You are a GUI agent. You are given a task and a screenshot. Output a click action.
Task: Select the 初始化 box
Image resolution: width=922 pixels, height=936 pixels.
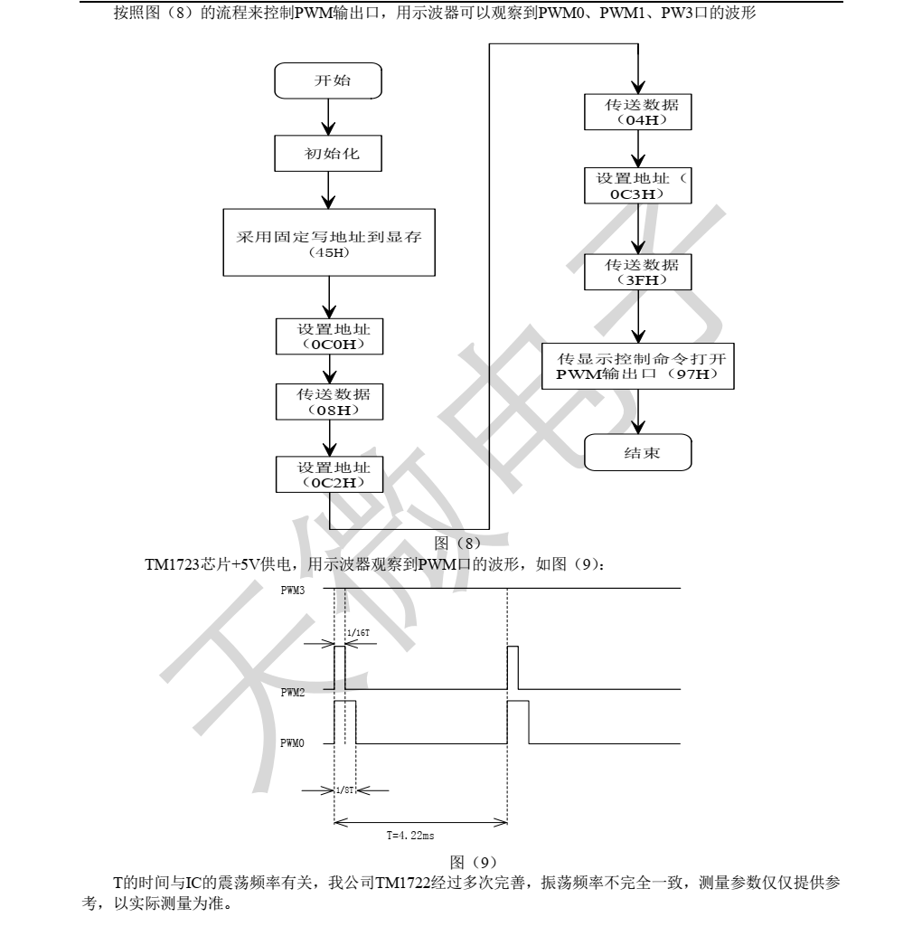(x=330, y=153)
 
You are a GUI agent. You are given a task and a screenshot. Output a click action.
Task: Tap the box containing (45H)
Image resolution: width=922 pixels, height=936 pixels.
(x=330, y=241)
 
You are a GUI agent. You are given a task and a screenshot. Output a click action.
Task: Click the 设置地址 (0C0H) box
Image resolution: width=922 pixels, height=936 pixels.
(x=330, y=336)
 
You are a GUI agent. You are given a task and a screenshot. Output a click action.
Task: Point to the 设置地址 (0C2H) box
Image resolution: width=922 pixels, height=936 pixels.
(x=330, y=475)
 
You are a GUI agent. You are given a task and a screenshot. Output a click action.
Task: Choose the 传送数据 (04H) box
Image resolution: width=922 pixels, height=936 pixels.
(x=640, y=112)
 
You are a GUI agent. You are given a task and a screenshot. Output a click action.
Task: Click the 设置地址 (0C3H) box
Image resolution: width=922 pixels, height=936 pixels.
(x=640, y=185)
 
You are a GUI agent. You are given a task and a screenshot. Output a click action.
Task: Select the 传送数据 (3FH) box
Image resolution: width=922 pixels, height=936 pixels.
(x=640, y=272)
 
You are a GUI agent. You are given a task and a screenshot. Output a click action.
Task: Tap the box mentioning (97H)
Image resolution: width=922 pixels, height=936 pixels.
(x=640, y=365)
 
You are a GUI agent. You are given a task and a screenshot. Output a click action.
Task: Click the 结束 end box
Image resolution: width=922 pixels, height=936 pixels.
(x=640, y=453)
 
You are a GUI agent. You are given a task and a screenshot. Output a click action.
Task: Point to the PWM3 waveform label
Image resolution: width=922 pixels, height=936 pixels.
(x=293, y=589)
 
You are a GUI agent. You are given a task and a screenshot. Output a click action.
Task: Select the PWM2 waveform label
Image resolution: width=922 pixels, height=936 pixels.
(x=293, y=692)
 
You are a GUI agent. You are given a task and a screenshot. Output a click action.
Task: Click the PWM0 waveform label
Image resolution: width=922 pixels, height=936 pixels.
(x=293, y=743)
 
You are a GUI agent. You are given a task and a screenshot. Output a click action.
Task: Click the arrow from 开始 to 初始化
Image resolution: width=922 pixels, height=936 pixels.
(x=330, y=116)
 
